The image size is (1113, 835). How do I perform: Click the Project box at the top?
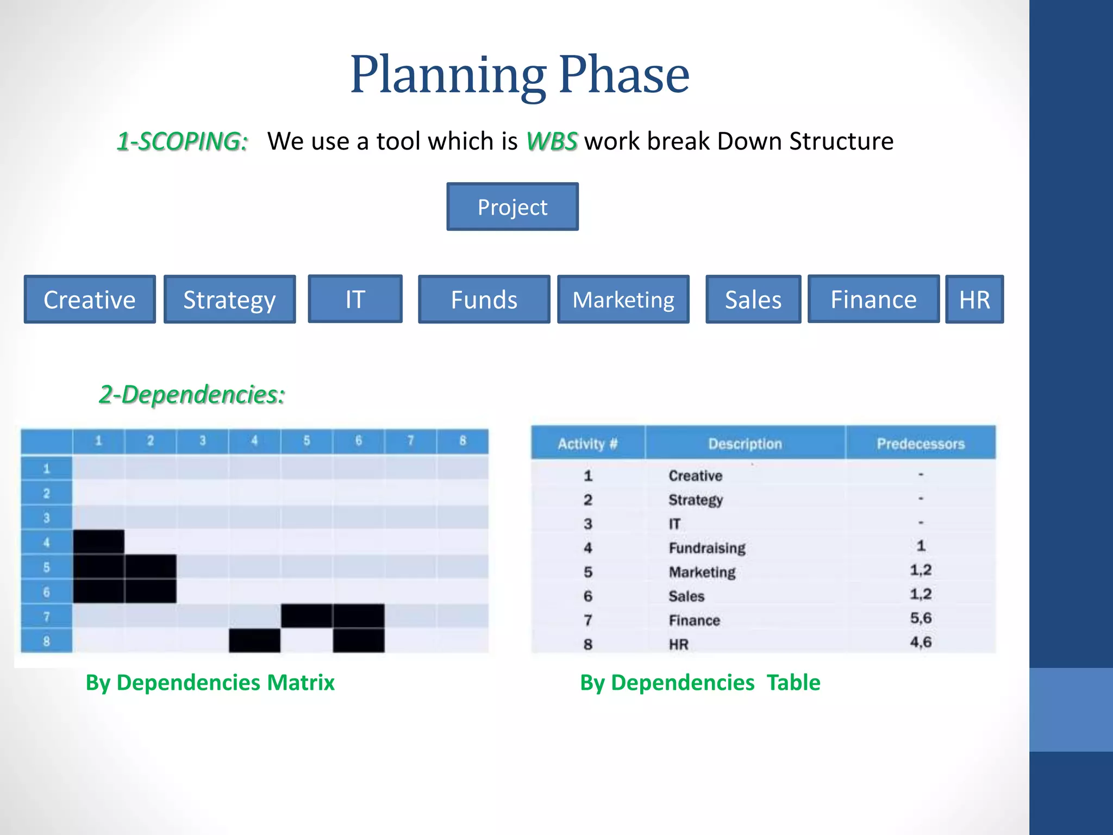512,207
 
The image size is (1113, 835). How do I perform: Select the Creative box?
90,300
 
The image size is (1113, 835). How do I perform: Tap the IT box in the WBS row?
355,299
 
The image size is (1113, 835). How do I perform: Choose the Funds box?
484,300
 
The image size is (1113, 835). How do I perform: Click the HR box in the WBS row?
974,300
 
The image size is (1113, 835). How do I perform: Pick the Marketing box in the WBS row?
623,300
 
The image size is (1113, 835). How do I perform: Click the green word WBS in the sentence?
551,141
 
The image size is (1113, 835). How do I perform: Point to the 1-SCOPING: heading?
183,141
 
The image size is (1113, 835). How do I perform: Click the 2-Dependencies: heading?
192,394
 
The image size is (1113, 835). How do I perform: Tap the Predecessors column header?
920,444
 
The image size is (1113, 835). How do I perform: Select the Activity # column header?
587,444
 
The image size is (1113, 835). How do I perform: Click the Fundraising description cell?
706,547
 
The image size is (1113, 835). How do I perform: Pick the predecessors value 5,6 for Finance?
920,618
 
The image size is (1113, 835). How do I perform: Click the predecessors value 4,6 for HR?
920,642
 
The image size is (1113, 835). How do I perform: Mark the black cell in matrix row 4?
98,542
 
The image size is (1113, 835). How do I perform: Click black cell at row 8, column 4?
254,640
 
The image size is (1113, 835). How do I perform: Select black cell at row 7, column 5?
307,615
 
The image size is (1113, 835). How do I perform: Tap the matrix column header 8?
462,440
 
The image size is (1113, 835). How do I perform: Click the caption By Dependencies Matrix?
210,682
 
